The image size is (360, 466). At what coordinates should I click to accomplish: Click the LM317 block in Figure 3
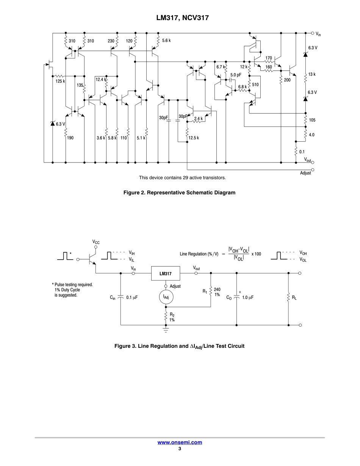(166, 273)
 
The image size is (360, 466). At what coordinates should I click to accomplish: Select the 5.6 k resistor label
(166, 41)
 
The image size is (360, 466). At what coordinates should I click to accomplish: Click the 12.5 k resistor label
(193, 138)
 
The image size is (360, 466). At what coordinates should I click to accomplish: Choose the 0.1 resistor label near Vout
(302, 152)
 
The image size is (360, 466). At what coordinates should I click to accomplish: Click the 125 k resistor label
(60, 81)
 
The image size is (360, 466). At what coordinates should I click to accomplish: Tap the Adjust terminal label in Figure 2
(305, 173)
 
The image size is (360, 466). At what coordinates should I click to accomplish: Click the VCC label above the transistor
(96, 242)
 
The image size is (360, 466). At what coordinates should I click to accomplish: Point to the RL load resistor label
(294, 298)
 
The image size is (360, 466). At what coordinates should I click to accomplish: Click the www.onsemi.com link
(180, 442)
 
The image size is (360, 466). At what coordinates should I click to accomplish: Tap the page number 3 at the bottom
(180, 449)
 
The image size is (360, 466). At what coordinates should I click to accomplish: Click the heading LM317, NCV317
(180, 18)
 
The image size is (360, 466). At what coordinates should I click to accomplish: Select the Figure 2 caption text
(180, 192)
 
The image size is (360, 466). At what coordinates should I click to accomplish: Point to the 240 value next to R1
(217, 289)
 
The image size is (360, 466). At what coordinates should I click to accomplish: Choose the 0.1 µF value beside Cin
(131, 298)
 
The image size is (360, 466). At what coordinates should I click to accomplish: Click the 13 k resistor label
(311, 74)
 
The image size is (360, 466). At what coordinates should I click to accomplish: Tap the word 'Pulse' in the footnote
(61, 285)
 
